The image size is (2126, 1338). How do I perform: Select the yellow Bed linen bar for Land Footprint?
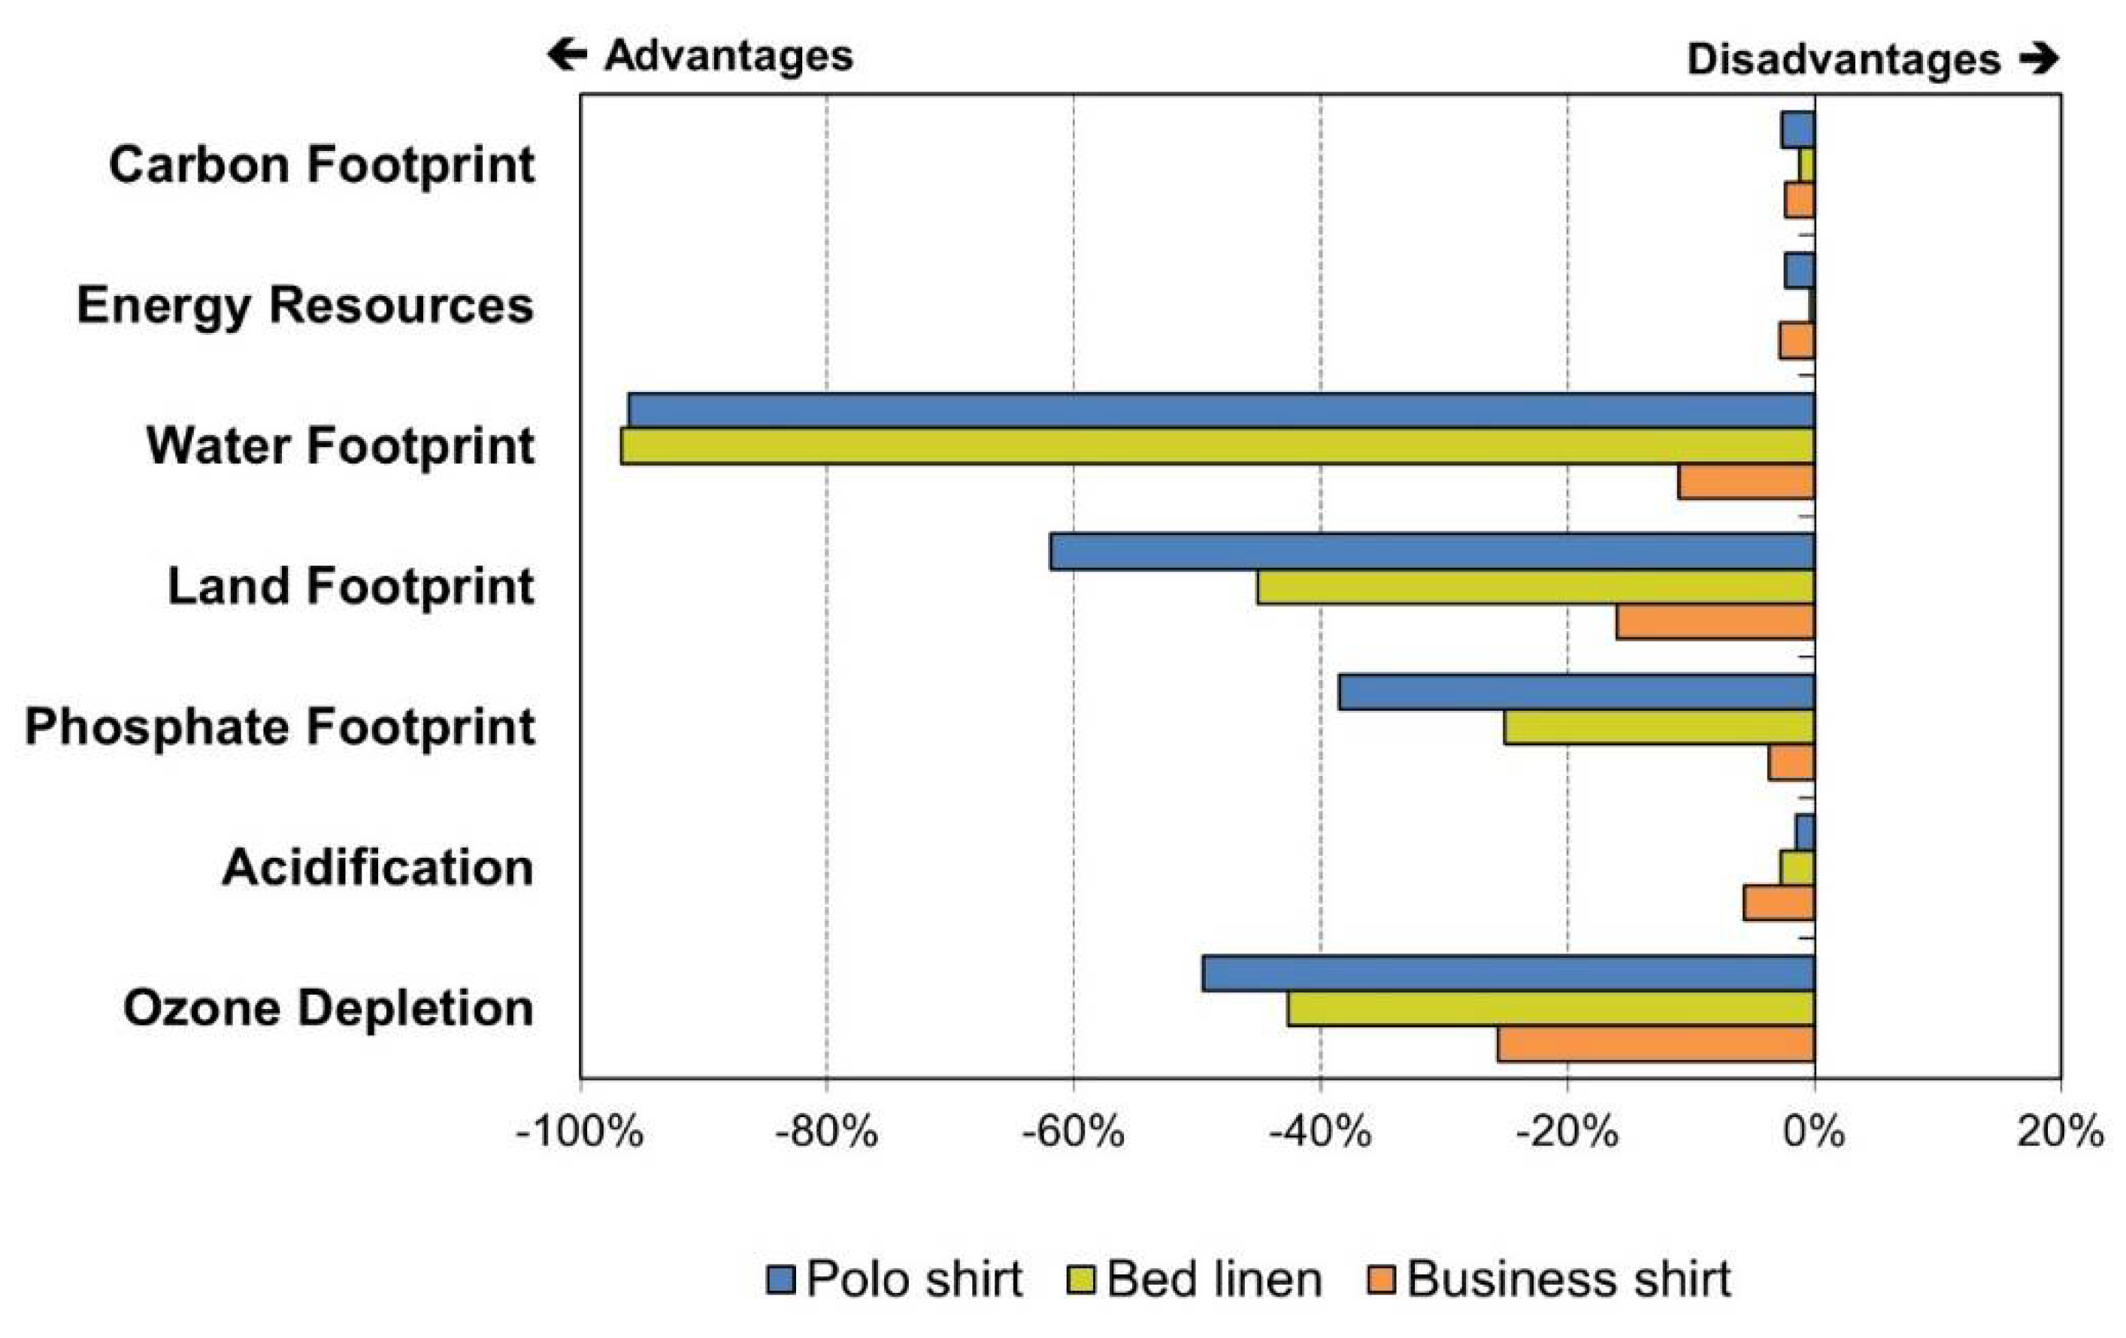[1535, 587]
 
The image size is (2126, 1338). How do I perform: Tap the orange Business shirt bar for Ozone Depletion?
[1655, 1044]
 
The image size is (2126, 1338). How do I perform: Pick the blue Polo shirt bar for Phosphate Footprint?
[1576, 692]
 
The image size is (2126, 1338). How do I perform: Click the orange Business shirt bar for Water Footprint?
[1746, 482]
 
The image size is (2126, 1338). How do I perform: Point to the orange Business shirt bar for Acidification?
[1779, 903]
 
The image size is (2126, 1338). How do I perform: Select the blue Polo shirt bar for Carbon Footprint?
[1797, 130]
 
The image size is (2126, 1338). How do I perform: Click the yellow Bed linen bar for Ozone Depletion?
[1550, 1009]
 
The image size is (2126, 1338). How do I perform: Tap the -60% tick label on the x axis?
[1073, 1132]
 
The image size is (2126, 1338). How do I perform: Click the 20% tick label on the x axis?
[2060, 1132]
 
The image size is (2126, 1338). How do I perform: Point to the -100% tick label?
[579, 1132]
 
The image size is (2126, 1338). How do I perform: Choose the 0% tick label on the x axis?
[1813, 1132]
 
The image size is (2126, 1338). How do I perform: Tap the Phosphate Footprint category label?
[279, 727]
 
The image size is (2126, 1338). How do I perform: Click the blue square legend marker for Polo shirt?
[780, 1279]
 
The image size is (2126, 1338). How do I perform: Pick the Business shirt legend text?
[1568, 1279]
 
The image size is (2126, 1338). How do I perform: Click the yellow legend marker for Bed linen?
[1080, 1279]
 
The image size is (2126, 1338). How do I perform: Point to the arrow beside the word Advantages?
[567, 55]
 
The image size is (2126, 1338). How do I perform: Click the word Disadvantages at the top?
[1843, 60]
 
